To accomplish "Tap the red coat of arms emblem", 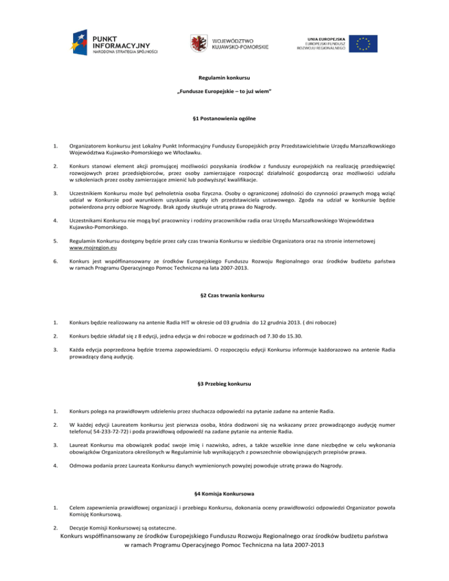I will tap(199, 43).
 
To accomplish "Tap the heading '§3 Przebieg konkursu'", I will tap(224, 384).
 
